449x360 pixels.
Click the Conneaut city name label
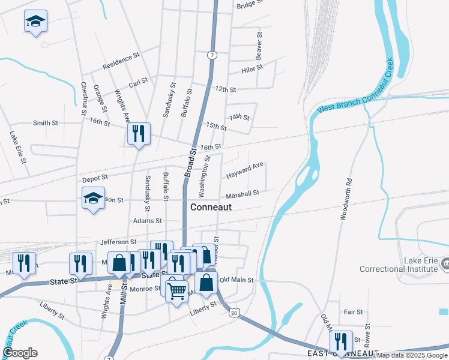211,207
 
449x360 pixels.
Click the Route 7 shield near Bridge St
212,55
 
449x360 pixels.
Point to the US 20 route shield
234,313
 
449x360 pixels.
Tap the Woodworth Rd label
346,199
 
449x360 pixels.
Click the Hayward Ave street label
245,171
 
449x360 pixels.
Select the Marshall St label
242,193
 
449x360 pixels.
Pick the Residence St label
121,60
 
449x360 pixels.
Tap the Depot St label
95,178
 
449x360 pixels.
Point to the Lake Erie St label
17,147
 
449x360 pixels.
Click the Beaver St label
259,47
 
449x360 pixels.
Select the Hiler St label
252,69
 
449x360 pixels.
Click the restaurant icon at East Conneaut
340,343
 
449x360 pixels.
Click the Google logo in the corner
20,353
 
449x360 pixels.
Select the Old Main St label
237,280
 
